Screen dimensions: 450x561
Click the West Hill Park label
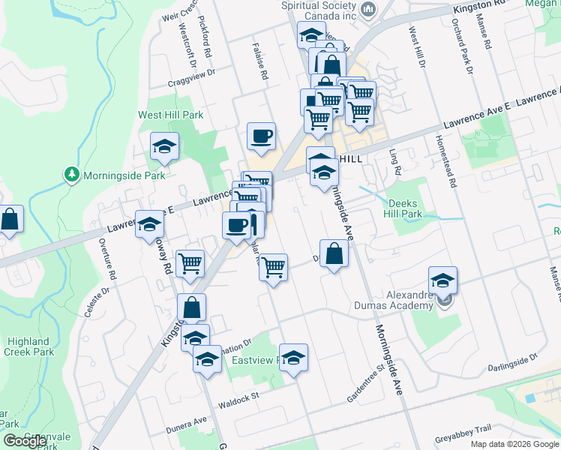pyautogui.click(x=170, y=115)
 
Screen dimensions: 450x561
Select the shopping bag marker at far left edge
pyautogui.click(x=10, y=219)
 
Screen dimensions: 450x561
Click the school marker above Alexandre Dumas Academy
pyautogui.click(x=443, y=280)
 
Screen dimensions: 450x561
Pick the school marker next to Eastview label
pyautogui.click(x=293, y=357)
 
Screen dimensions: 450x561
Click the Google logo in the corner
pyautogui.click(x=25, y=441)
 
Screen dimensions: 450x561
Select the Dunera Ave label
pyautogui.click(x=186, y=426)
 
